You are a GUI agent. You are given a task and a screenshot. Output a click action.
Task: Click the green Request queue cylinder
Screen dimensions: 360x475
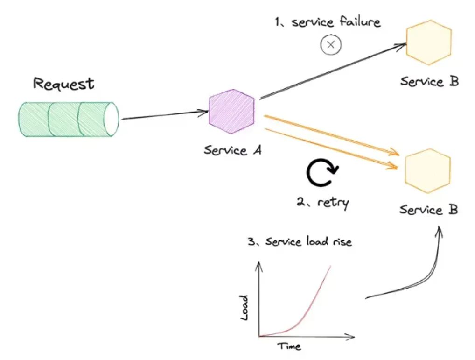(x=65, y=119)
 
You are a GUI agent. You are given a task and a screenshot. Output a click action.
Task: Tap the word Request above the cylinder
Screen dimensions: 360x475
(x=64, y=84)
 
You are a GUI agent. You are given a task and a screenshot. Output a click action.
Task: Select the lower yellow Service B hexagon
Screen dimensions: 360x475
(x=428, y=171)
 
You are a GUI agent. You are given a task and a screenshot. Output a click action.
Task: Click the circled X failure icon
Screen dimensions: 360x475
(x=331, y=45)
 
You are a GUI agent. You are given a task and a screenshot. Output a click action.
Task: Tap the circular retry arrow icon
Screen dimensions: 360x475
(x=321, y=174)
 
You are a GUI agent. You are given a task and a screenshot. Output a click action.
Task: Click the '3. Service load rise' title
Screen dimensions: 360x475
(x=300, y=242)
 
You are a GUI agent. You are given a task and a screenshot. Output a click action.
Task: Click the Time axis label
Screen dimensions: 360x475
(x=289, y=346)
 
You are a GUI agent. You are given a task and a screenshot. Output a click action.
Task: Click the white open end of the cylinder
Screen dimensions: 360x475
(x=112, y=119)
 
